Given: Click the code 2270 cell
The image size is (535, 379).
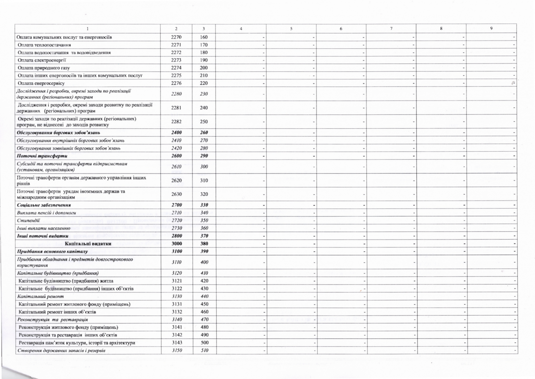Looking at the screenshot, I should tap(176, 37).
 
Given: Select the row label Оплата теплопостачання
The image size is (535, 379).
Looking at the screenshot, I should tap(44, 45).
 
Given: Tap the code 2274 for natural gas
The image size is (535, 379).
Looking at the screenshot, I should tap(176, 68).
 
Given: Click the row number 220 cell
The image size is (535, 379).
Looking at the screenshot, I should tap(204, 83).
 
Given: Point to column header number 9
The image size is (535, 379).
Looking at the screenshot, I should tap(491, 29).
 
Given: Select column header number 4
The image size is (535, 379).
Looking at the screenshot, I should tap(241, 29).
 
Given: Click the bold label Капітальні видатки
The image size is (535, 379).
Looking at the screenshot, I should tap(88, 243).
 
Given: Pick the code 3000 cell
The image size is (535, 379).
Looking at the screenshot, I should tap(177, 243).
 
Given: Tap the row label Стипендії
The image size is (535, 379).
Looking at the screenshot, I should tap(28, 220).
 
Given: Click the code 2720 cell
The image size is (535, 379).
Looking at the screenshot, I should tap(177, 220).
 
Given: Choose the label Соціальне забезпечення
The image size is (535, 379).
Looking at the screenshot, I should tap(44, 205).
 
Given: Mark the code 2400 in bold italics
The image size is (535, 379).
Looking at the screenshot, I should tap(177, 132).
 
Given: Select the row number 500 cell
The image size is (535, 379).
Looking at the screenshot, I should tap(204, 342).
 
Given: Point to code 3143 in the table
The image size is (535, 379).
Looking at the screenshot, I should tap(177, 342).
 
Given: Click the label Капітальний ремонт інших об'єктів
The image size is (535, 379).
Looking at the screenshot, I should tap(57, 312).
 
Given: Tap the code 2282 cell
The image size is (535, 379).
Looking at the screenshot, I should tap(177, 121).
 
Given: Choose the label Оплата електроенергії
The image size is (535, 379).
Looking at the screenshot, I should tap(42, 60).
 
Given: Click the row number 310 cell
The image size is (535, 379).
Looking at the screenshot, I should tap(204, 180).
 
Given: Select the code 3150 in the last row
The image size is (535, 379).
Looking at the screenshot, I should tap(177, 350).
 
